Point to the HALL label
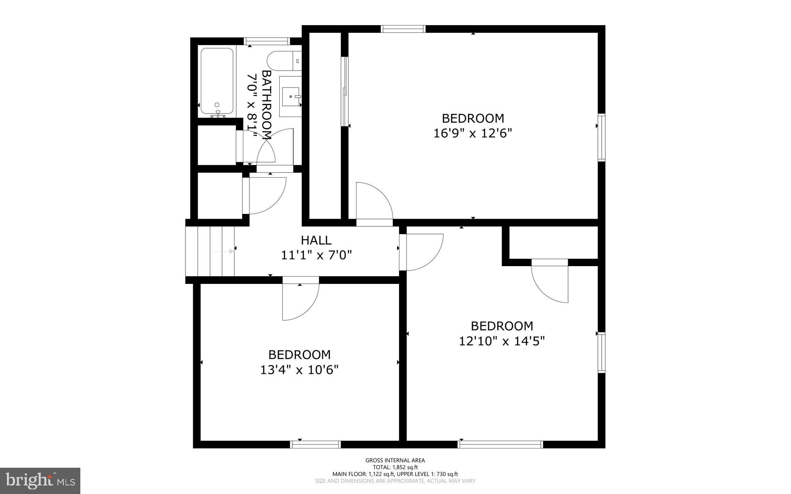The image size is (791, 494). pyautogui.click(x=316, y=240)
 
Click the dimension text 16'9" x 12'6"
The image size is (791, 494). pyautogui.click(x=473, y=133)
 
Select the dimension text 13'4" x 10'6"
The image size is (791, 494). pyautogui.click(x=299, y=370)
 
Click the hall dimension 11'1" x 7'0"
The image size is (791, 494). pyautogui.click(x=316, y=255)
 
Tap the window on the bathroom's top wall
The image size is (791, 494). pyautogui.click(x=266, y=41)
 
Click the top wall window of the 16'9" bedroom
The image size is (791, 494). pyautogui.click(x=403, y=29)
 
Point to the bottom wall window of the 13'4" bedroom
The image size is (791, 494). pyautogui.click(x=315, y=445)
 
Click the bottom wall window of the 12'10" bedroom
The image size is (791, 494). pyautogui.click(x=500, y=445)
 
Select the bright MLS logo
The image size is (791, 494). pyautogui.click(x=40, y=480)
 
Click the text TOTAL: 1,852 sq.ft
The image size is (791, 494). pyautogui.click(x=395, y=467)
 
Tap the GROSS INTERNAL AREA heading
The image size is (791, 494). pyautogui.click(x=395, y=460)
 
